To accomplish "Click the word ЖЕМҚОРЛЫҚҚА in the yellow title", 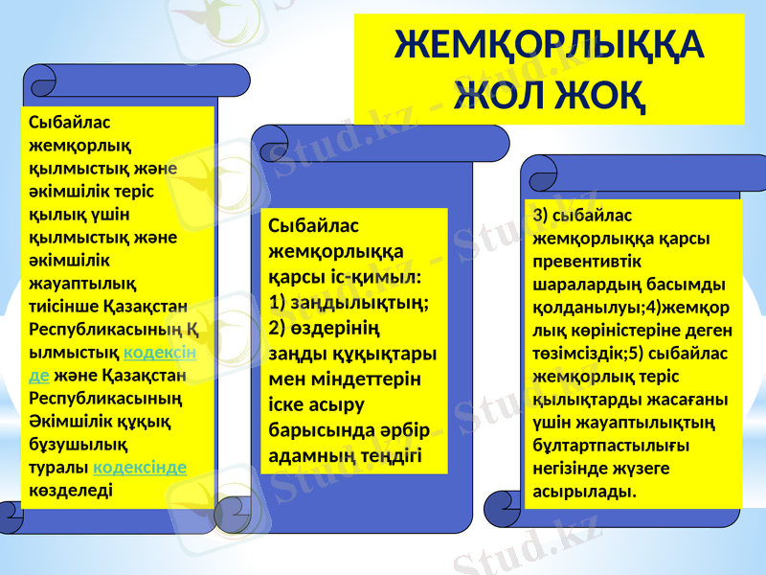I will point(550,44).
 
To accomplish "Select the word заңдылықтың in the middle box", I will point(359,301).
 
